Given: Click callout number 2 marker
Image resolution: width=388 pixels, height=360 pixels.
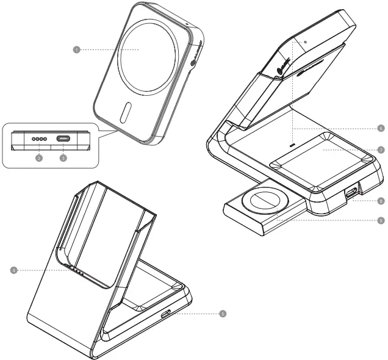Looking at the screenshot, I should click(38, 158).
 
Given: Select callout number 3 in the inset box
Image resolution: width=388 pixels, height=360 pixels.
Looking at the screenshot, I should click(63, 158).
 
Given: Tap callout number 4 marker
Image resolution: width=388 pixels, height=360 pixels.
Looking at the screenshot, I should click(13, 268).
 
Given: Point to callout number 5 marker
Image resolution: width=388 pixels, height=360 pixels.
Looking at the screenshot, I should click(223, 314).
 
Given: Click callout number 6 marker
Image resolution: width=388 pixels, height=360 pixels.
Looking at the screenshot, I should click(381, 129).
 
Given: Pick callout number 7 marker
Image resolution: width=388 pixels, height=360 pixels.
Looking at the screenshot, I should click(381, 149).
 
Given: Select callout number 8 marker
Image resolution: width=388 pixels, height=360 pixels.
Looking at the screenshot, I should click(381, 200).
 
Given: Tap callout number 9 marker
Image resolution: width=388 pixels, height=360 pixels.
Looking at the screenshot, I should click(381, 220).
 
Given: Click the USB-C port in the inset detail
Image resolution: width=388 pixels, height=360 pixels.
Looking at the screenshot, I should click(63, 139).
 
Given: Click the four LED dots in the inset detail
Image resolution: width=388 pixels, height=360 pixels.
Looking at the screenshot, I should click(38, 139).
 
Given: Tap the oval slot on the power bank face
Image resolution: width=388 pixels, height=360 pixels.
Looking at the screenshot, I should click(125, 113).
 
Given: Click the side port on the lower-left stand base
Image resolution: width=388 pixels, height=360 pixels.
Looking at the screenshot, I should click(167, 314).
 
